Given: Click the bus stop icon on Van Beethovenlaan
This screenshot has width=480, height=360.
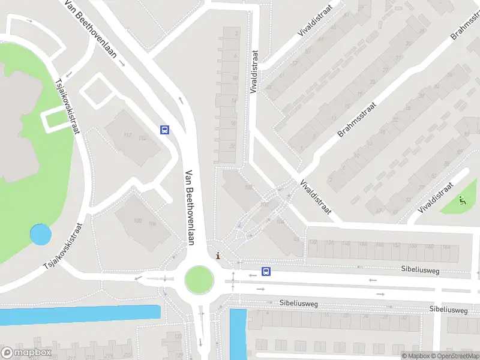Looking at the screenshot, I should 164,129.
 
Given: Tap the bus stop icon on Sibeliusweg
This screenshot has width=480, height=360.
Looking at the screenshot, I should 266,271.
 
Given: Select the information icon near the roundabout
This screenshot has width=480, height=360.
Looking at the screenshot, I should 217,255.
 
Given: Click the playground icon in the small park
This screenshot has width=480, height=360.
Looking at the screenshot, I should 461,200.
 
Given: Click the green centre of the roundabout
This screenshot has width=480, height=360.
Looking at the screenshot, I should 199,279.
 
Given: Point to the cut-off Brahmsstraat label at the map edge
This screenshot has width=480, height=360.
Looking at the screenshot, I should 463,26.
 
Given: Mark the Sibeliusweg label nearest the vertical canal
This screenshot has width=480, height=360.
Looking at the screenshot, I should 298,304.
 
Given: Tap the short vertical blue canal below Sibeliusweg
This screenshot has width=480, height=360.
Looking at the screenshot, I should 238,333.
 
